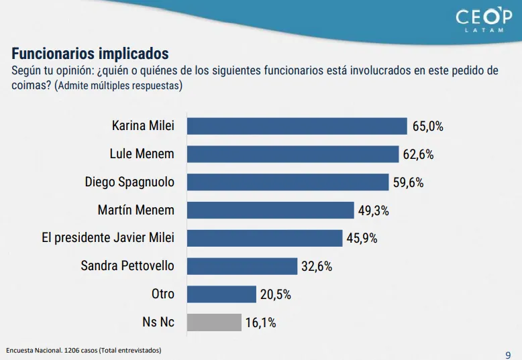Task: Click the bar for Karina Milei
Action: point(297,126)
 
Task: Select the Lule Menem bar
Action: point(293,154)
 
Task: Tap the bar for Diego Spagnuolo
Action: point(287,182)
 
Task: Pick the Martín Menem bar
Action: point(270,210)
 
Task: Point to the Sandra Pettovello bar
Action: point(242,266)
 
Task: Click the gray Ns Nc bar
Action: point(213,322)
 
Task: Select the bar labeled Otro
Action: point(221,294)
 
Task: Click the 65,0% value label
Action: point(427,126)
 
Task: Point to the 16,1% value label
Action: point(260,322)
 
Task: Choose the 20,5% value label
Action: point(275,294)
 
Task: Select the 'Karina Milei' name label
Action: point(143,126)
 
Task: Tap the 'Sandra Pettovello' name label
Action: point(127,266)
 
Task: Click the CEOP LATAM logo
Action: point(483,20)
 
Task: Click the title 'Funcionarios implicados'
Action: point(90,54)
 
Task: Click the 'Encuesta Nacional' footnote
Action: point(83,351)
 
